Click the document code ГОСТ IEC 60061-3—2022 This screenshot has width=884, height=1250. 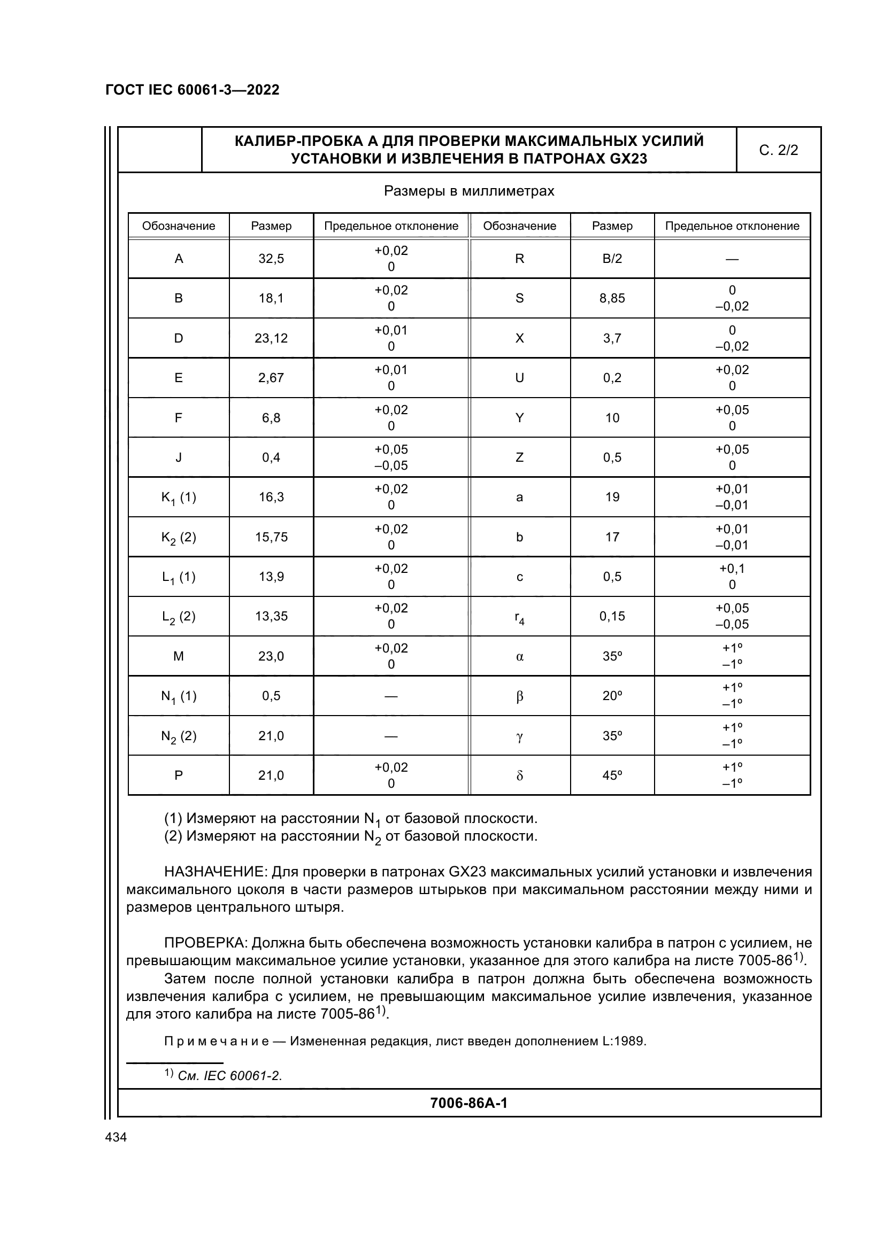pos(193,90)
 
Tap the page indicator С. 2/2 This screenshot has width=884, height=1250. pos(778,150)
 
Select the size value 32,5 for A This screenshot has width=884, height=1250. pos(271,259)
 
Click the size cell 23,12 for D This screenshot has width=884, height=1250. pos(271,338)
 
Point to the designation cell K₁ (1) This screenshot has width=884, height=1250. pos(178,498)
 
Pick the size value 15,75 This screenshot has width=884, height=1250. pos(271,537)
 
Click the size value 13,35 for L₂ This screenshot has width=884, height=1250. pos(271,616)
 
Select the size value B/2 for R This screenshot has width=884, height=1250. pos(612,259)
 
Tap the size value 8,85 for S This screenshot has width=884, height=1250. pos(612,298)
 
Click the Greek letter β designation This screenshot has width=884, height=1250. pos(519,696)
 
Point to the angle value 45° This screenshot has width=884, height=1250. pos(612,775)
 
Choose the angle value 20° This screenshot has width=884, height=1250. pos(612,696)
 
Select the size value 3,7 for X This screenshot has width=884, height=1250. pos(612,338)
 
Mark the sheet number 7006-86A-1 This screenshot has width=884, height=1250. pos(468,1103)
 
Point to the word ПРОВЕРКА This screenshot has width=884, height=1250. pos(206,942)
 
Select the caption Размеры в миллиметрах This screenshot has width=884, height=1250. pos(468,191)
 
